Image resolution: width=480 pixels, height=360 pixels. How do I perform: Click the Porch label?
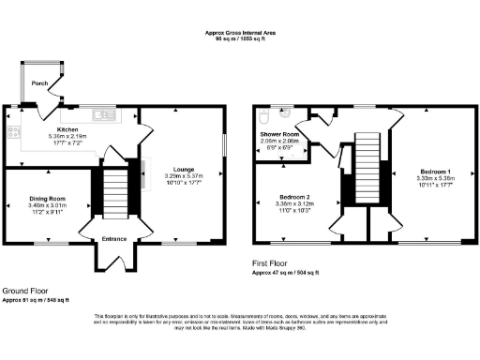pos(39,83)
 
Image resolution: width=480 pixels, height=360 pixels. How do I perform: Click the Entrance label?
pos(114,239)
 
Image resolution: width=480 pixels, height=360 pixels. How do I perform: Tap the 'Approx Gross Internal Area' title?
pos(240,33)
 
